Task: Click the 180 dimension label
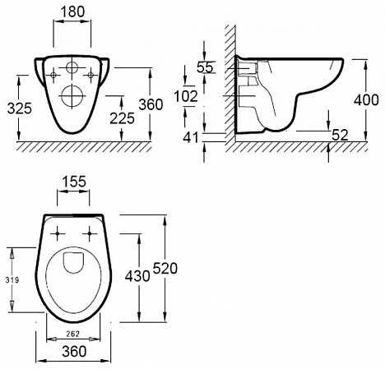pyautogui.click(x=72, y=12)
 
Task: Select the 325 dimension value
pyautogui.click(x=20, y=108)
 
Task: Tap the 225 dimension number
pyautogui.click(x=123, y=118)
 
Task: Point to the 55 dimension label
pyautogui.click(x=205, y=67)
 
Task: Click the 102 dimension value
pyautogui.click(x=186, y=96)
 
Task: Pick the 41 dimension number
pyautogui.click(x=191, y=137)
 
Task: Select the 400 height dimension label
pyautogui.click(x=366, y=100)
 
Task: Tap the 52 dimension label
pyautogui.click(x=340, y=135)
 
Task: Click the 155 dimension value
pyautogui.click(x=74, y=182)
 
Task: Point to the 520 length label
pyautogui.click(x=165, y=268)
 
